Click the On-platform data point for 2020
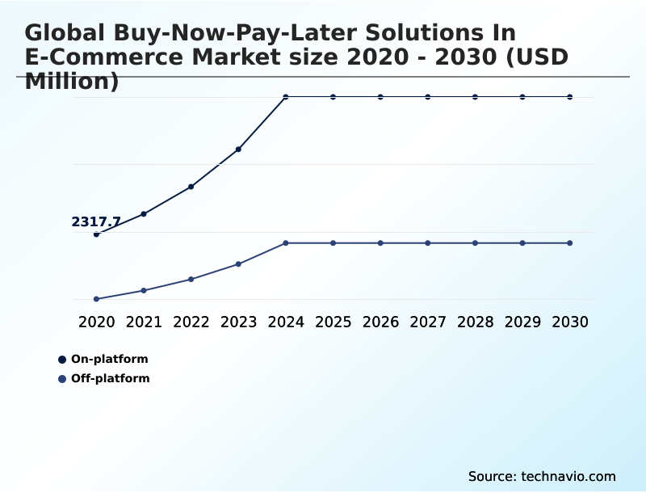coord(97,234)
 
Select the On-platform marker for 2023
coord(238,150)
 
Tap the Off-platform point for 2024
coord(286,243)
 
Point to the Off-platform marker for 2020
coord(97,299)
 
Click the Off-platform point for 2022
coord(191,280)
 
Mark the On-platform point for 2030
coord(570,97)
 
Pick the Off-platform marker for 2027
coord(428,243)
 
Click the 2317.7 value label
coord(96,222)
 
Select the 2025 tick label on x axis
coord(333,322)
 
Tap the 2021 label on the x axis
coord(144,322)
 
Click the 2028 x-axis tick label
coord(475,322)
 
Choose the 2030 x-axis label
coord(570,322)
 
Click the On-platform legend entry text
coord(110,359)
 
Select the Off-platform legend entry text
coord(111,378)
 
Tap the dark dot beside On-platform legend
coord(62,360)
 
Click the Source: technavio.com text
coord(542,476)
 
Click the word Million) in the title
coord(72,82)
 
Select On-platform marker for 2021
coord(144,214)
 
